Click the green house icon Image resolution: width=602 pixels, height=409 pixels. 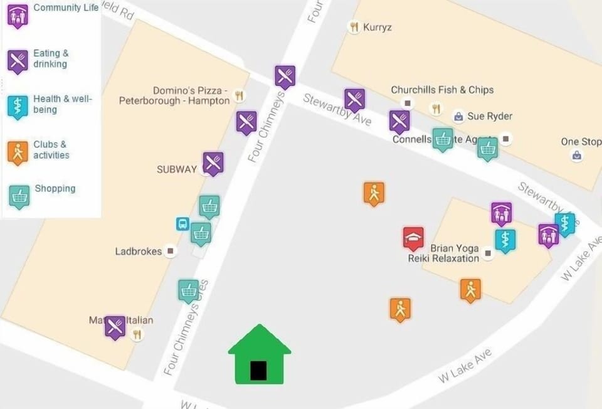tap(259, 356)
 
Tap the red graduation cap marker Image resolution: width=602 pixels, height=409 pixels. tap(413, 238)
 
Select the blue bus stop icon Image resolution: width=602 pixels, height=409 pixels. tap(182, 224)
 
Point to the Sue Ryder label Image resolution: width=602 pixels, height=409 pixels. tap(489, 116)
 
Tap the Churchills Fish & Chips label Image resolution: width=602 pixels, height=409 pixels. tap(442, 90)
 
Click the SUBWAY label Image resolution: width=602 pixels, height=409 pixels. tap(177, 169)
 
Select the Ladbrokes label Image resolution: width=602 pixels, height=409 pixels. tap(139, 252)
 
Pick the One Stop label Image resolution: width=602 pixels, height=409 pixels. tap(581, 142)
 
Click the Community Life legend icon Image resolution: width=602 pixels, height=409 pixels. tap(18, 15)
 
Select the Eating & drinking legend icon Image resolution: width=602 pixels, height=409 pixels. tap(18, 61)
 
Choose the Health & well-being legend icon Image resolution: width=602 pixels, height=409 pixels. tap(18, 106)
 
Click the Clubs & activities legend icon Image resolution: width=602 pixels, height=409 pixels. tap(18, 152)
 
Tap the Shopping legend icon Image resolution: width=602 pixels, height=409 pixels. tap(19, 196)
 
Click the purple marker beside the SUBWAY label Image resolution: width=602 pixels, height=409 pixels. tap(213, 163)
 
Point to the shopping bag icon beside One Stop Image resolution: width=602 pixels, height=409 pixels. tap(577, 156)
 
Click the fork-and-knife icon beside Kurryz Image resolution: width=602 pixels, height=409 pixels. tap(354, 27)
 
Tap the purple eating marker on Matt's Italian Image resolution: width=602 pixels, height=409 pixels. tap(115, 327)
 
